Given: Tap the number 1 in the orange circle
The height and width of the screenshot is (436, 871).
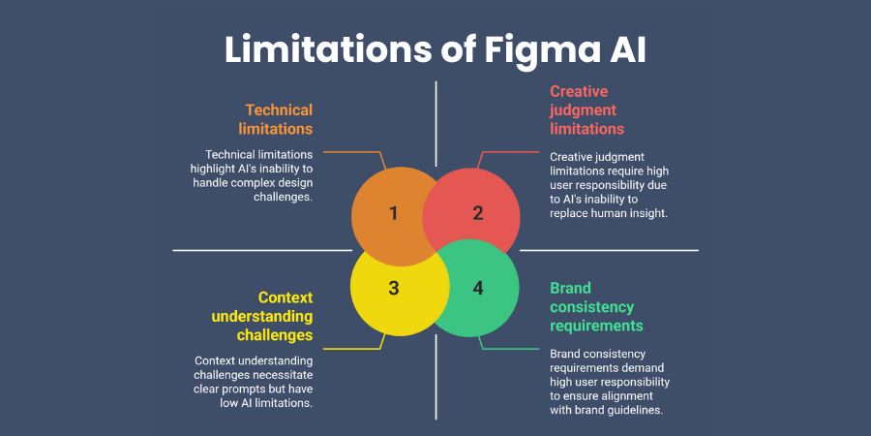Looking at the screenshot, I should tap(393, 213).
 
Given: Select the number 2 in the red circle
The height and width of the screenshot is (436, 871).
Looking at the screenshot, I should tap(478, 213).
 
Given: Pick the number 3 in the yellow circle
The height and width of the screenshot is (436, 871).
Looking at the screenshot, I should tap(393, 288).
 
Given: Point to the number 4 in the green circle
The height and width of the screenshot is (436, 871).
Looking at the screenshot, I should tap(478, 288).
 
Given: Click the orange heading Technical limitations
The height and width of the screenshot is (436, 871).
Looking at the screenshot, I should tap(279, 118).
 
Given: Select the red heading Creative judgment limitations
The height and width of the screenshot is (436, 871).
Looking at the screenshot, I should tap(587, 109).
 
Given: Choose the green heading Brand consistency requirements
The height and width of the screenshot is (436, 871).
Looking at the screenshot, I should tap(596, 306).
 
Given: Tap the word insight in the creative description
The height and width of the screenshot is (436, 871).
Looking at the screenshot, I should tap(643, 212).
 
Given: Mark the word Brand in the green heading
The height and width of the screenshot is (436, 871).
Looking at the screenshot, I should tap(570, 288).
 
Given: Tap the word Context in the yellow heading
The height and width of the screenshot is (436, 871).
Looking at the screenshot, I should tap(285, 297).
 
